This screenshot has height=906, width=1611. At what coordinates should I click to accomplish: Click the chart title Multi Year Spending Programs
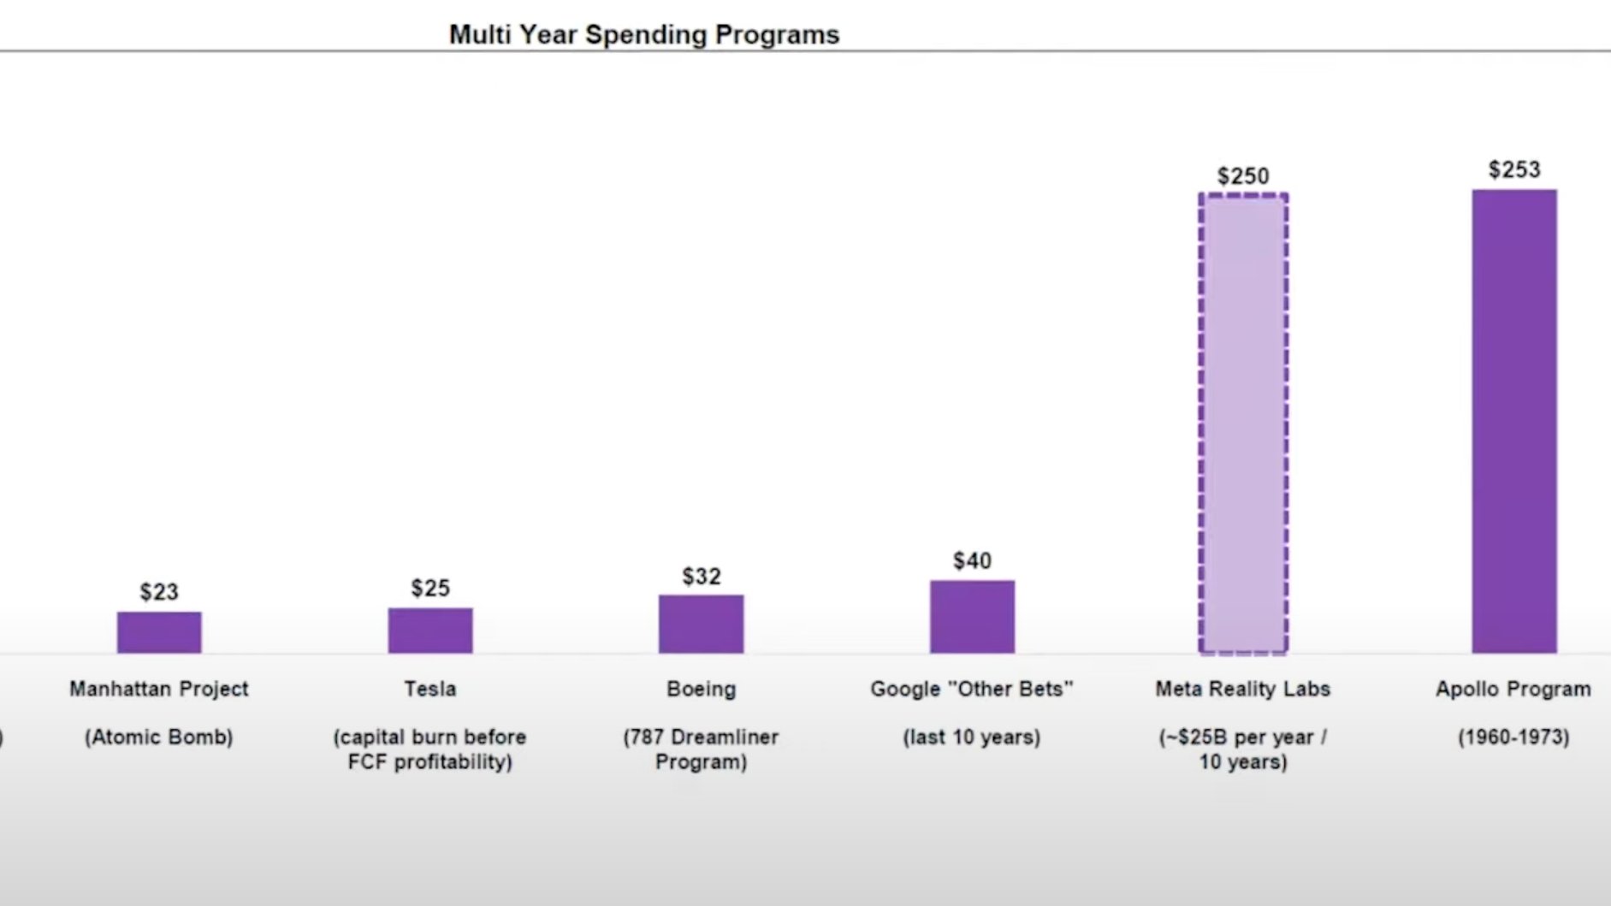(643, 35)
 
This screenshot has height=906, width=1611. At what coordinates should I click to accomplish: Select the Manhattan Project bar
(159, 632)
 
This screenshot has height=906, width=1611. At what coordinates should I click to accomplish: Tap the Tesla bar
(430, 631)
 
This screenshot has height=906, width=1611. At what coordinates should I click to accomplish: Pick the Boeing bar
(701, 624)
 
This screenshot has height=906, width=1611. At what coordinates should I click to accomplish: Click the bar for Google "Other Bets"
(972, 617)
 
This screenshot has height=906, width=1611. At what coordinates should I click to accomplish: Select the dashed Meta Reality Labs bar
(1243, 423)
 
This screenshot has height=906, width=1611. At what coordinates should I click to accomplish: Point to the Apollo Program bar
(1513, 421)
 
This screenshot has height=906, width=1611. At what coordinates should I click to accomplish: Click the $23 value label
(159, 592)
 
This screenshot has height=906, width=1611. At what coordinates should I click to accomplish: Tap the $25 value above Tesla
(430, 589)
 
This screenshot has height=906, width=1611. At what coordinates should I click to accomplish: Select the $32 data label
(702, 577)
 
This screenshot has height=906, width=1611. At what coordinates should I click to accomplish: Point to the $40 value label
(972, 561)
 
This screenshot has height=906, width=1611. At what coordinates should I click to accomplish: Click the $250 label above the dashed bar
(1243, 176)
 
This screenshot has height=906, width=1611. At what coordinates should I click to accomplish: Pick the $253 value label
(1513, 170)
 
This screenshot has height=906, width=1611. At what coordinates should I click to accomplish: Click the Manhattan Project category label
(159, 689)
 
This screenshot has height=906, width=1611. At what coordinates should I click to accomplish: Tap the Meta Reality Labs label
(1242, 689)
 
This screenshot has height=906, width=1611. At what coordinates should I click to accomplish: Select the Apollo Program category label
(1513, 689)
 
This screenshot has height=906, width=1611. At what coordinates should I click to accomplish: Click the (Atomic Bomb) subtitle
(159, 737)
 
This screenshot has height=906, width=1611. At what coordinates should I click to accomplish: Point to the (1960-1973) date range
(1513, 737)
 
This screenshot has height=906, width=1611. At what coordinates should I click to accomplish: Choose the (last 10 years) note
(972, 737)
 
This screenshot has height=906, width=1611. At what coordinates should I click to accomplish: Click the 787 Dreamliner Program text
(701, 749)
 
